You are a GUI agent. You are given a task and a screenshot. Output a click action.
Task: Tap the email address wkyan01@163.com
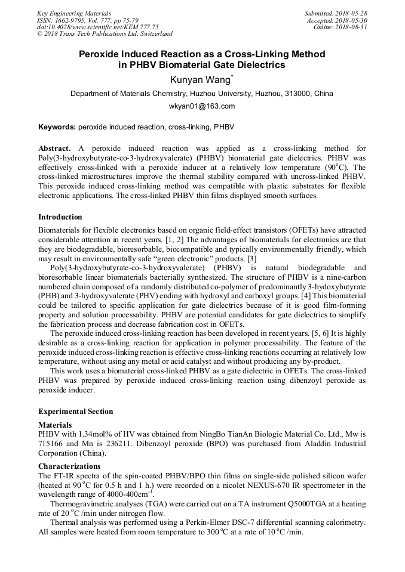tap(202, 106)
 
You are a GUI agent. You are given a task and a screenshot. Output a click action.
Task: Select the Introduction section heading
tap(60, 217)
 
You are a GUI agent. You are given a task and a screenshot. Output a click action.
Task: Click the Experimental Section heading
tap(75, 412)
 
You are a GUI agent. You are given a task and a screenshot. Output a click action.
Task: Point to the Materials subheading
tap(55, 425)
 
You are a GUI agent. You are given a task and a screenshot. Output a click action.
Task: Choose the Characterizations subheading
tap(69, 466)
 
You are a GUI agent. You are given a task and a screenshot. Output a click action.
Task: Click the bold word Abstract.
tap(54, 147)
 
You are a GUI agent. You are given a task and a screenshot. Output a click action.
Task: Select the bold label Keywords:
tap(57, 127)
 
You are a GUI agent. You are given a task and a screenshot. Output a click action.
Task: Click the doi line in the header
tap(98, 27)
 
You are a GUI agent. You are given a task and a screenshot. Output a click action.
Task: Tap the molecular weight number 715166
tap(52, 445)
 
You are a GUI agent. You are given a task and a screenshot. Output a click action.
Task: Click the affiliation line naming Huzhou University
tap(202, 94)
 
